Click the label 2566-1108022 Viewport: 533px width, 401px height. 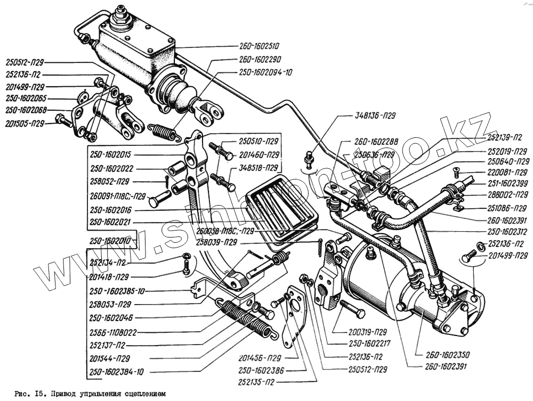tap(114, 332)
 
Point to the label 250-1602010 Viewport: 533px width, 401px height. tap(112, 240)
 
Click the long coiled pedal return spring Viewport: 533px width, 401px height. tap(248, 319)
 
